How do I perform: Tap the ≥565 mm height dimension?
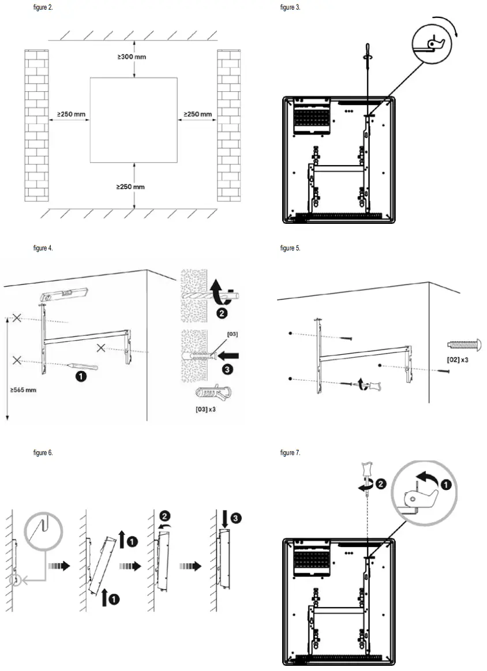[x=23, y=390]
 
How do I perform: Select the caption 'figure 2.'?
[x=43, y=8]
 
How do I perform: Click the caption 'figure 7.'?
[x=290, y=453]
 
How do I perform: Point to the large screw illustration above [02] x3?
[x=463, y=345]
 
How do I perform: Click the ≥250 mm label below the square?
[x=130, y=187]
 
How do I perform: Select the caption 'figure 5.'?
[x=290, y=248]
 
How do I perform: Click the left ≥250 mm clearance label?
[x=71, y=114]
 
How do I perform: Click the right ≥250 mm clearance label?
[x=197, y=114]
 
